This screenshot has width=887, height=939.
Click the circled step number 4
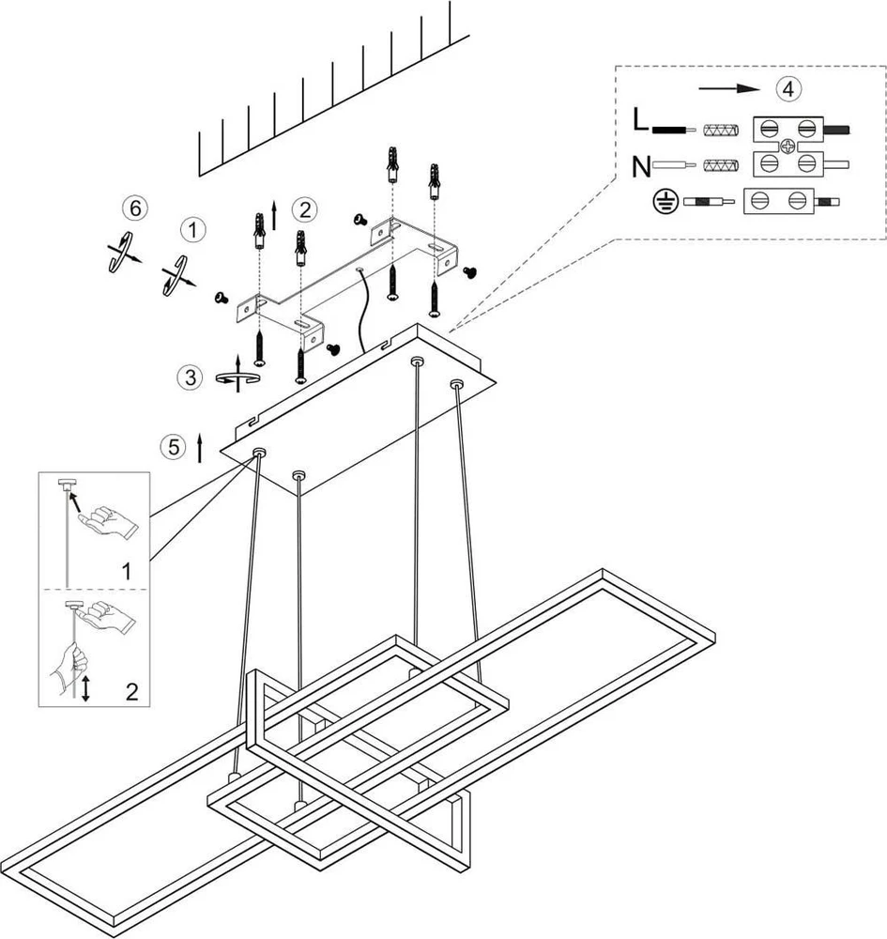[788, 88]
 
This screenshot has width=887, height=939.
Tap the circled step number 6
[134, 208]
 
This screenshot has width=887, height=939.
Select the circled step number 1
[192, 230]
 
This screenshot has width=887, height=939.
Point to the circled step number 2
[305, 209]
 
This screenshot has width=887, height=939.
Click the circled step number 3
[190, 377]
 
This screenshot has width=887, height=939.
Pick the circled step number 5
[173, 447]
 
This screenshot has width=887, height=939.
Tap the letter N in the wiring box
[642, 166]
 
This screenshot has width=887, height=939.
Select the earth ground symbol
[665, 202]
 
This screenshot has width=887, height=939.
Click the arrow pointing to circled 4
[728, 88]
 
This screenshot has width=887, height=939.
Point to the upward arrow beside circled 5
[200, 449]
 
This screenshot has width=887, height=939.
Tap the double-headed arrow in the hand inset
[85, 688]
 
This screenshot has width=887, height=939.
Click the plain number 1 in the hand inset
[127, 571]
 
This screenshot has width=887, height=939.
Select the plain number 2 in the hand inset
[131, 692]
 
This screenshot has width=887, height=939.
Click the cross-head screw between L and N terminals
[788, 146]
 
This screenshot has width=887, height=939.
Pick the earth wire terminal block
[778, 201]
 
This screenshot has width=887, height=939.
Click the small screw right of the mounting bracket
[470, 272]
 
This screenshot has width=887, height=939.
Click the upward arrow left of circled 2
[274, 216]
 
